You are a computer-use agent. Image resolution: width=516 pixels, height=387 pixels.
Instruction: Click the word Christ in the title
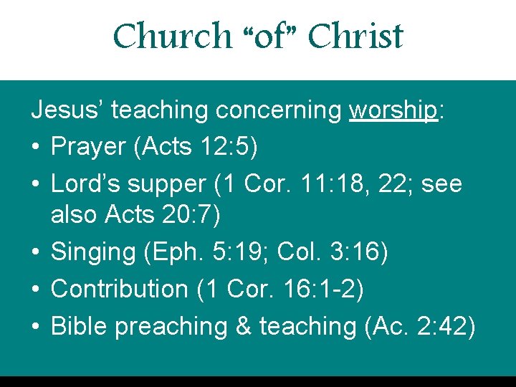point(355,36)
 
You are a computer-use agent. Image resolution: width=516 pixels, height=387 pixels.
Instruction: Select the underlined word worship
point(393,110)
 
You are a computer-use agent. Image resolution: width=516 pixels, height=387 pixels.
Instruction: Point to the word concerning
point(279,110)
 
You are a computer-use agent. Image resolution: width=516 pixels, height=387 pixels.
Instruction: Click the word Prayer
point(88,147)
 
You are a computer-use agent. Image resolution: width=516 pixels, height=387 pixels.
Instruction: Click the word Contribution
point(119,289)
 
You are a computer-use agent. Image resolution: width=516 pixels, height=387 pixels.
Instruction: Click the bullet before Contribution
point(36,289)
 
